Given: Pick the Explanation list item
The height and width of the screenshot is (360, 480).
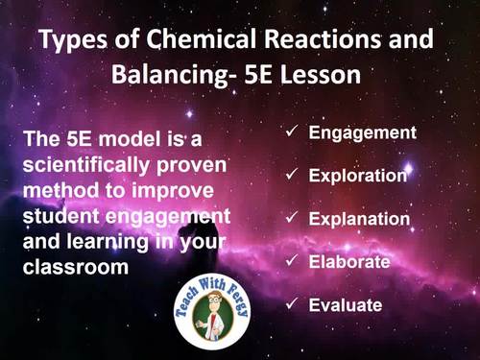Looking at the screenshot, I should point(359,219).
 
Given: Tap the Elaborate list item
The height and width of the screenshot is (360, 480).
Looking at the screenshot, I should point(348,262).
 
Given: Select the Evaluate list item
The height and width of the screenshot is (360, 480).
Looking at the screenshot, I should point(346,305).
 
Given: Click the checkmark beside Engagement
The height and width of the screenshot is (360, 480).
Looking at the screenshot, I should point(292,132).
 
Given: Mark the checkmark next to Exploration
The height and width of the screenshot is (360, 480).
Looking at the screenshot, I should point(292,176).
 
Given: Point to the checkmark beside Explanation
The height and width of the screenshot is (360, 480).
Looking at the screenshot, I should point(292,219).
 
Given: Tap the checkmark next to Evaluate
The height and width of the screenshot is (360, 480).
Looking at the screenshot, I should point(292,305).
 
